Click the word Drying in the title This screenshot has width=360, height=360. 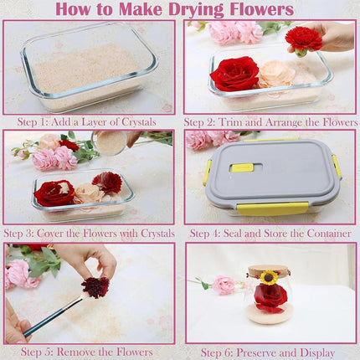tap(193, 10)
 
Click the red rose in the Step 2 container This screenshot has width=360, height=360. tap(234, 74)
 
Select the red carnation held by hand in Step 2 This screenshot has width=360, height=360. tap(303, 38)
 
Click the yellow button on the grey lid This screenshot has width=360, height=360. tap(242, 167)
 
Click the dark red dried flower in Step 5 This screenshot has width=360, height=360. tap(95, 287)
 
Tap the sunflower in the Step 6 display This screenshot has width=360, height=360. tap(268, 277)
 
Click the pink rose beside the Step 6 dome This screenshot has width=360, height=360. tap(224, 285)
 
